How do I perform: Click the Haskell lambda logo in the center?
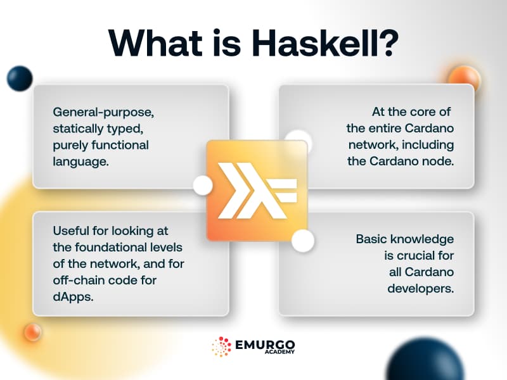point(256,190)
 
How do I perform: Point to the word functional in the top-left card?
point(120,145)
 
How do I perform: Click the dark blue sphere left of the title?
point(20,78)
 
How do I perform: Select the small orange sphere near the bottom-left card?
point(32,331)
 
